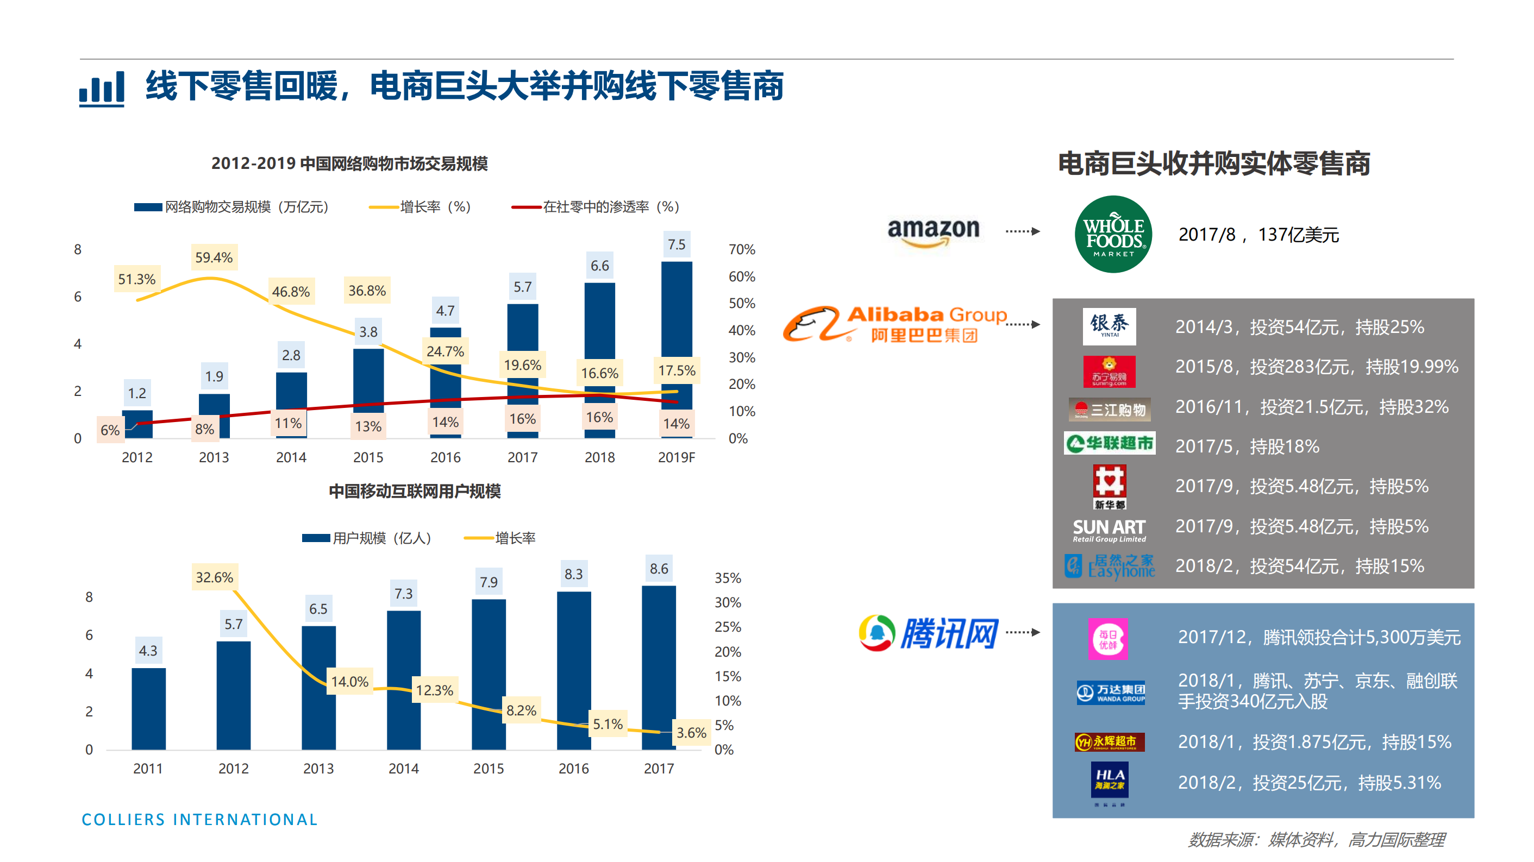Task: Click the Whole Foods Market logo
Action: coord(1112,234)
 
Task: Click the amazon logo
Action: coord(933,231)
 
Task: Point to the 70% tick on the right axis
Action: coord(741,249)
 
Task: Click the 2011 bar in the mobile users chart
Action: coord(148,708)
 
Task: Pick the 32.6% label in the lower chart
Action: coord(215,577)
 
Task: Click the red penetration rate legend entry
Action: coord(596,206)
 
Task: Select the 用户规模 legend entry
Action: coord(366,538)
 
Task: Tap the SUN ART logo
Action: coord(1109,530)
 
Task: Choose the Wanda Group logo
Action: coord(1111,693)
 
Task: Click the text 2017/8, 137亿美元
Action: coord(1258,235)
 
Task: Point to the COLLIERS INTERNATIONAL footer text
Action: coord(199,819)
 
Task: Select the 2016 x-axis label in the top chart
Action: coord(445,457)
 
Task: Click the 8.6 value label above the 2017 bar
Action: coord(659,569)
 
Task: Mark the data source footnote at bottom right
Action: coord(1316,839)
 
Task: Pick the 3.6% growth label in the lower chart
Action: coord(691,732)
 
